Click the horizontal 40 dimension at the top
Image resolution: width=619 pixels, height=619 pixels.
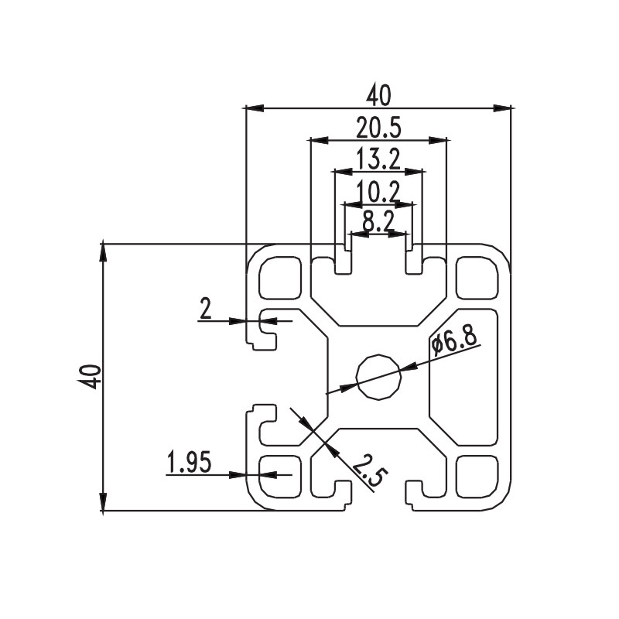[x=379, y=95]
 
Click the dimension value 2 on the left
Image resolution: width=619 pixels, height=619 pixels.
[x=205, y=309]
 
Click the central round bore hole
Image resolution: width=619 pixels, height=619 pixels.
[x=378, y=377]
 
